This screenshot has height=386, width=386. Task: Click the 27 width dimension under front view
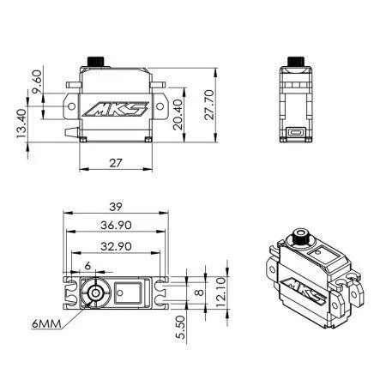(115, 160)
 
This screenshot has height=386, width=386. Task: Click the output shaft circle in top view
(92, 293)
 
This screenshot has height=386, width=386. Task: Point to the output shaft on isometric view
(302, 235)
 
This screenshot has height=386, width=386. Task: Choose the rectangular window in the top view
(127, 293)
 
